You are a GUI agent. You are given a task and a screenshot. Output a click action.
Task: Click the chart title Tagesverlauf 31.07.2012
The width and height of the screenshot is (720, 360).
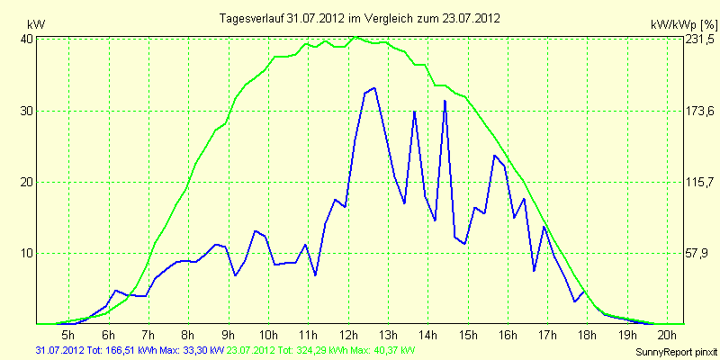coord(360,18)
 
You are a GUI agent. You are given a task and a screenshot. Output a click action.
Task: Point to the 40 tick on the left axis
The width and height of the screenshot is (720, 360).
coord(27,40)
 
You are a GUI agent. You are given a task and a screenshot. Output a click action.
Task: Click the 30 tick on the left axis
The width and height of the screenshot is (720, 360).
coord(27,111)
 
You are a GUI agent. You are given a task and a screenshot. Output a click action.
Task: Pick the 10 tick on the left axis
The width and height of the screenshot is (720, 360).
coord(27,253)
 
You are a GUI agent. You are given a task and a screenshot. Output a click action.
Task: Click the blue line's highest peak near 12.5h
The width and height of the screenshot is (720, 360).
coord(374,88)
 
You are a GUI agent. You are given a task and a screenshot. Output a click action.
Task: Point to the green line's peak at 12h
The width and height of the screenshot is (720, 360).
coord(357,37)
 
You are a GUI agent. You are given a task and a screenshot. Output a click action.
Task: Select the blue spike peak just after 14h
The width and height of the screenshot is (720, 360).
coord(445,101)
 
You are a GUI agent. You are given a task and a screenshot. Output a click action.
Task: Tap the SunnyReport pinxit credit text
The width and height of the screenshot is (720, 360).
coord(674,352)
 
